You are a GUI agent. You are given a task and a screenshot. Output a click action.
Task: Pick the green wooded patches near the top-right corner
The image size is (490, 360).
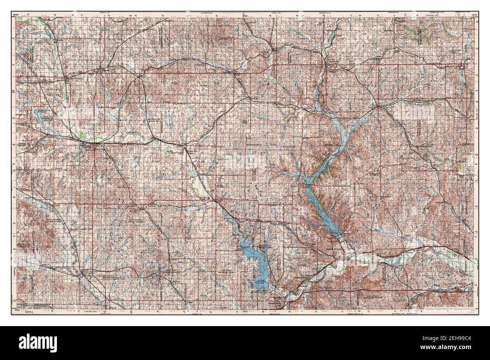coord(418,34)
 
